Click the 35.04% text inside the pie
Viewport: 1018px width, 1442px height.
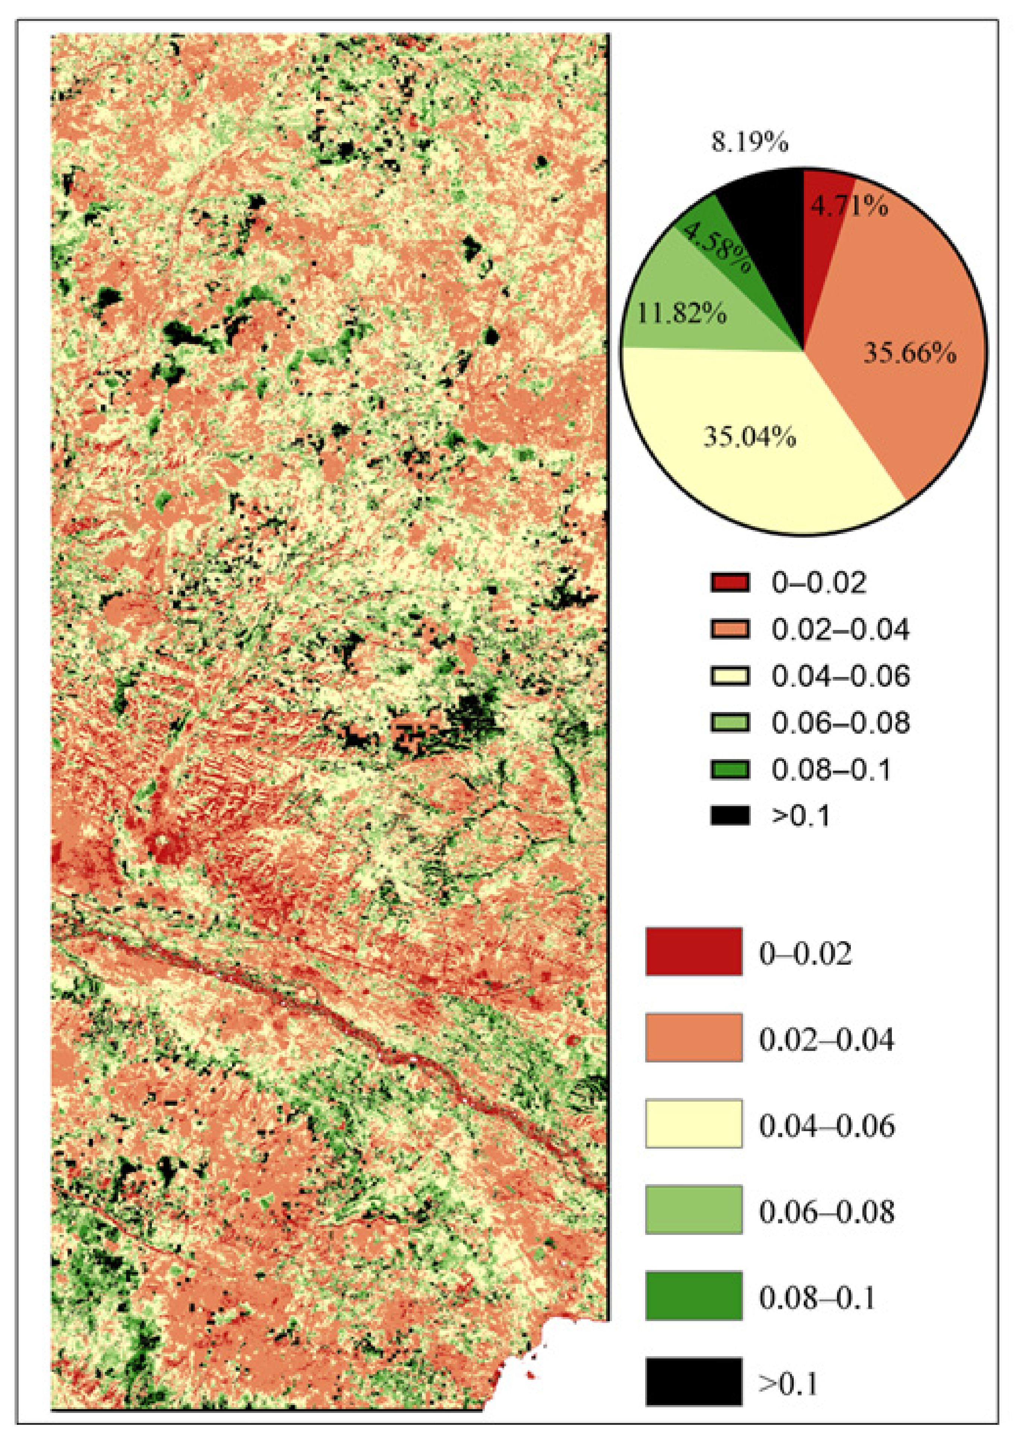pos(749,436)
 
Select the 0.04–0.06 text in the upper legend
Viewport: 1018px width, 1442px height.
pos(840,676)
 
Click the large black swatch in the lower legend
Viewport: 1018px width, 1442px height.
pos(693,1381)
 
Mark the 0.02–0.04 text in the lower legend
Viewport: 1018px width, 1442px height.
pos(826,1039)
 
